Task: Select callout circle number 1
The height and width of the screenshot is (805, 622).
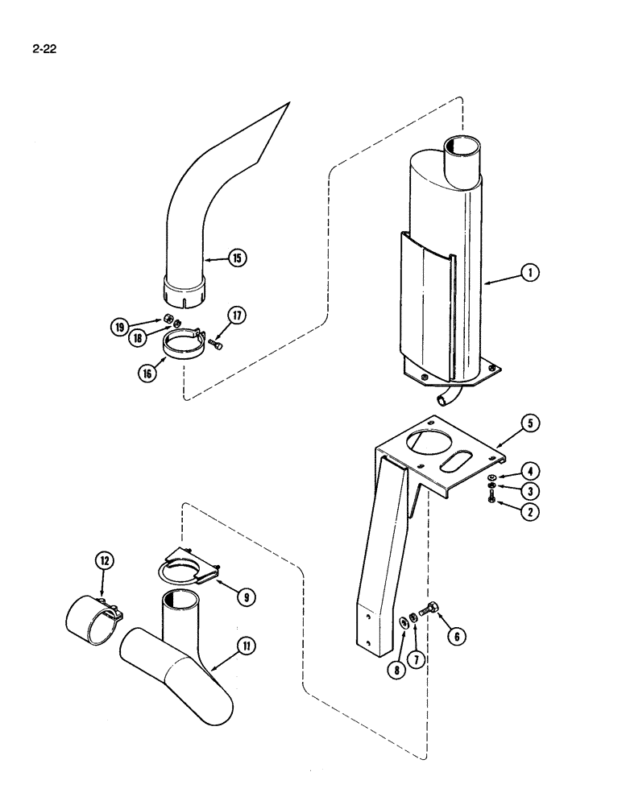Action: pyautogui.click(x=529, y=273)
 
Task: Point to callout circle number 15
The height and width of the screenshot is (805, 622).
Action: pyautogui.click(x=237, y=258)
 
